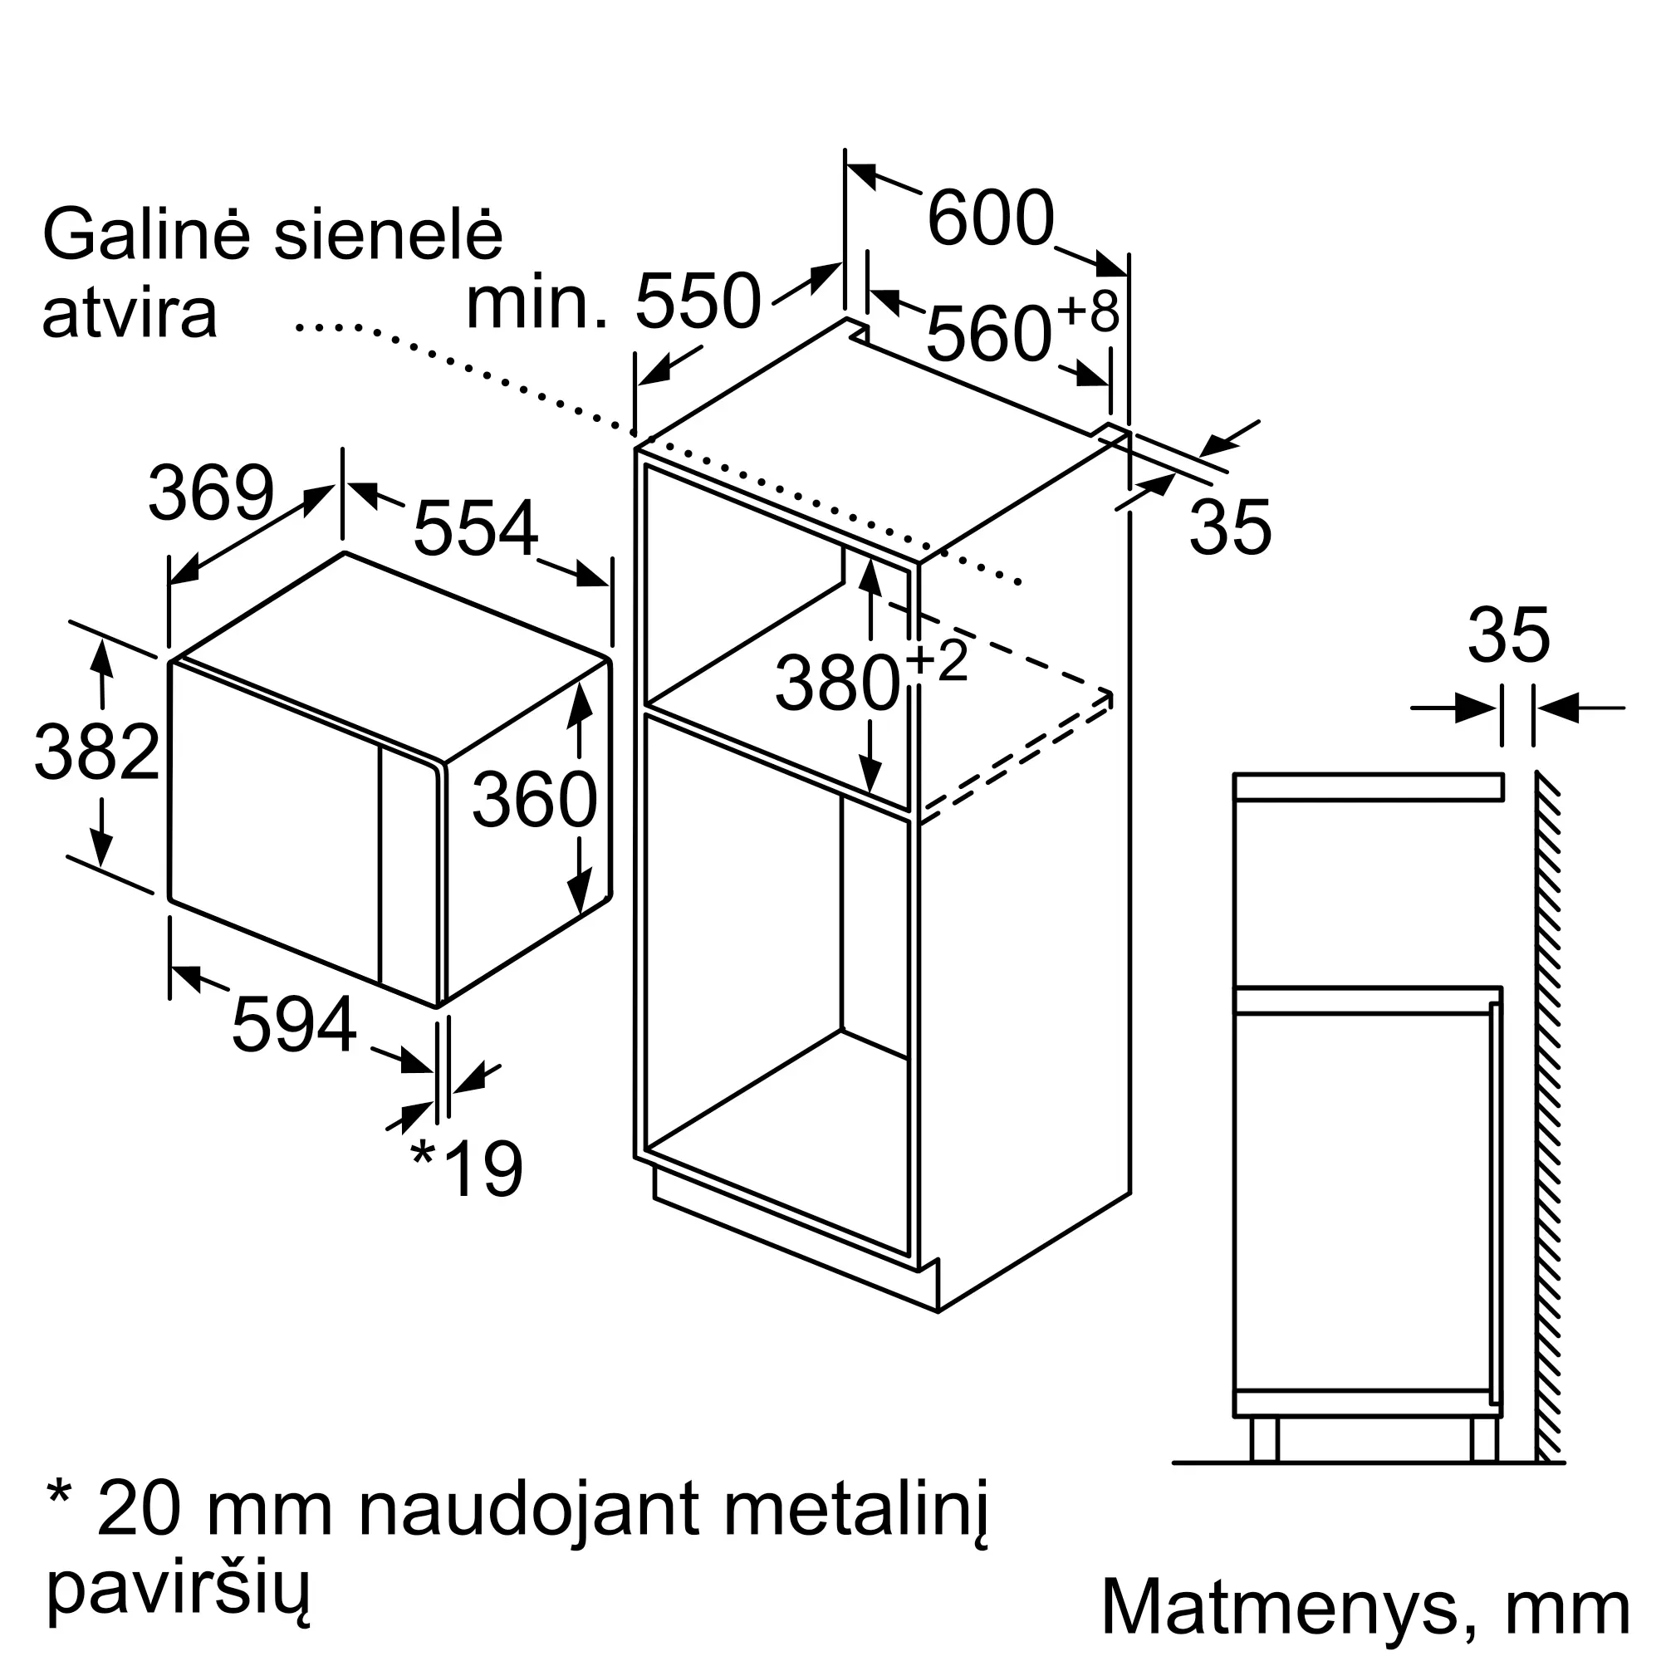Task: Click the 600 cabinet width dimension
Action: tap(991, 218)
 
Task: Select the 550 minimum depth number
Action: tap(698, 301)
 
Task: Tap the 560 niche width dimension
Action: tap(988, 335)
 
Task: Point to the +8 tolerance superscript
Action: tap(1089, 311)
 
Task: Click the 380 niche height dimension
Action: tap(837, 683)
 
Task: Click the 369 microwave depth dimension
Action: tap(212, 492)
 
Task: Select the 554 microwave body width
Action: tap(476, 528)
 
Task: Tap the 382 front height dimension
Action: tap(96, 752)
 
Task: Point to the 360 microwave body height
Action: tap(535, 800)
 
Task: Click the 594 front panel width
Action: tap(294, 1023)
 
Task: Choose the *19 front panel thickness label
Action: tap(467, 1168)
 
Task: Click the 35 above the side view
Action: tap(1509, 635)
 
